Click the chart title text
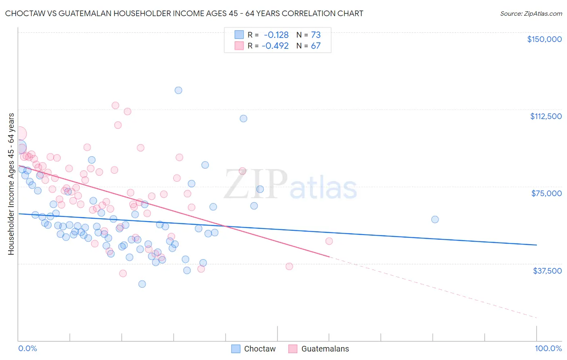click(184, 13)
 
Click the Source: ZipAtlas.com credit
click(531, 13)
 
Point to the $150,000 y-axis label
click(544, 39)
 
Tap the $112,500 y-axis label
click(546, 116)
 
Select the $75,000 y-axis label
click(546, 193)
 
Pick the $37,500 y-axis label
click(547, 271)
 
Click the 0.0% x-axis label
click(27, 348)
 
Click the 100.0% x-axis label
click(548, 348)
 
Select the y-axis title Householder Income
click(11, 184)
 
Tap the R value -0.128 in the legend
click(276, 35)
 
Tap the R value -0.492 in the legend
click(275, 46)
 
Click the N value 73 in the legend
click(316, 35)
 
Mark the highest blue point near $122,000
click(178, 90)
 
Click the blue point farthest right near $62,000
click(435, 220)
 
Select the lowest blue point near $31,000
click(142, 284)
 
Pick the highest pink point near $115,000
click(115, 105)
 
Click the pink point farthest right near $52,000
click(329, 241)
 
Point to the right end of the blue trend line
click(536, 245)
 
